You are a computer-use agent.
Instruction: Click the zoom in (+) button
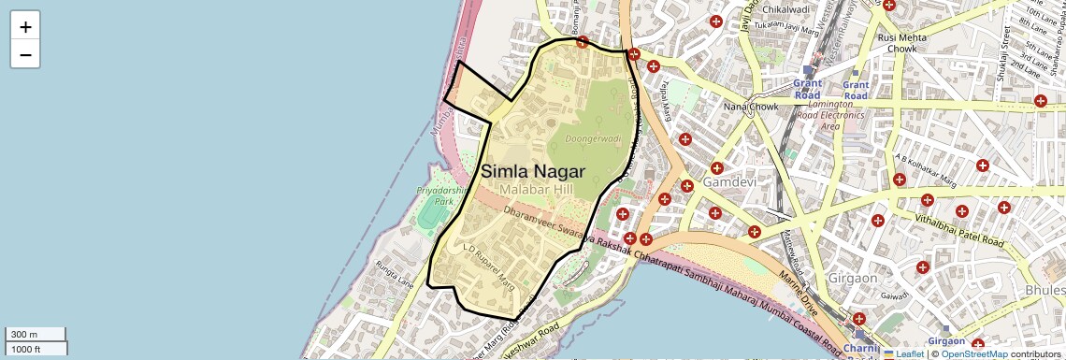[x=25, y=27]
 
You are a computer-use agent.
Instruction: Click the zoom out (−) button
[x=25, y=55]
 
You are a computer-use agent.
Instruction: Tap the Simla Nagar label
[x=533, y=171]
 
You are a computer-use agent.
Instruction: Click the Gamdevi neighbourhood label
[x=730, y=180]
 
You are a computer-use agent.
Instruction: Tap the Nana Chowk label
[x=750, y=107]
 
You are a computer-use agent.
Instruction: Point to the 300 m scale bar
[x=36, y=335]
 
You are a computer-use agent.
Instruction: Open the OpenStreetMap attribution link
[x=973, y=354]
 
